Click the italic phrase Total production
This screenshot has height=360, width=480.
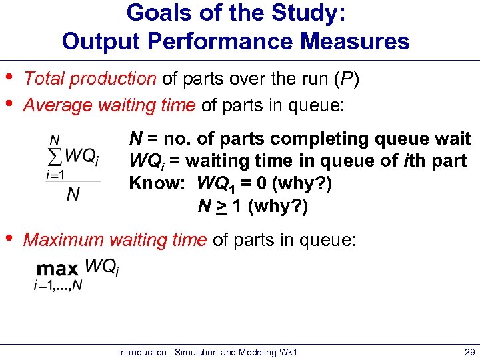(x=89, y=79)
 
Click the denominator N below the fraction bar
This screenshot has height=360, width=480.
(x=74, y=194)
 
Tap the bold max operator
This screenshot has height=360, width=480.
(x=57, y=269)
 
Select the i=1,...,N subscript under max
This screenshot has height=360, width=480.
(x=58, y=285)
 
